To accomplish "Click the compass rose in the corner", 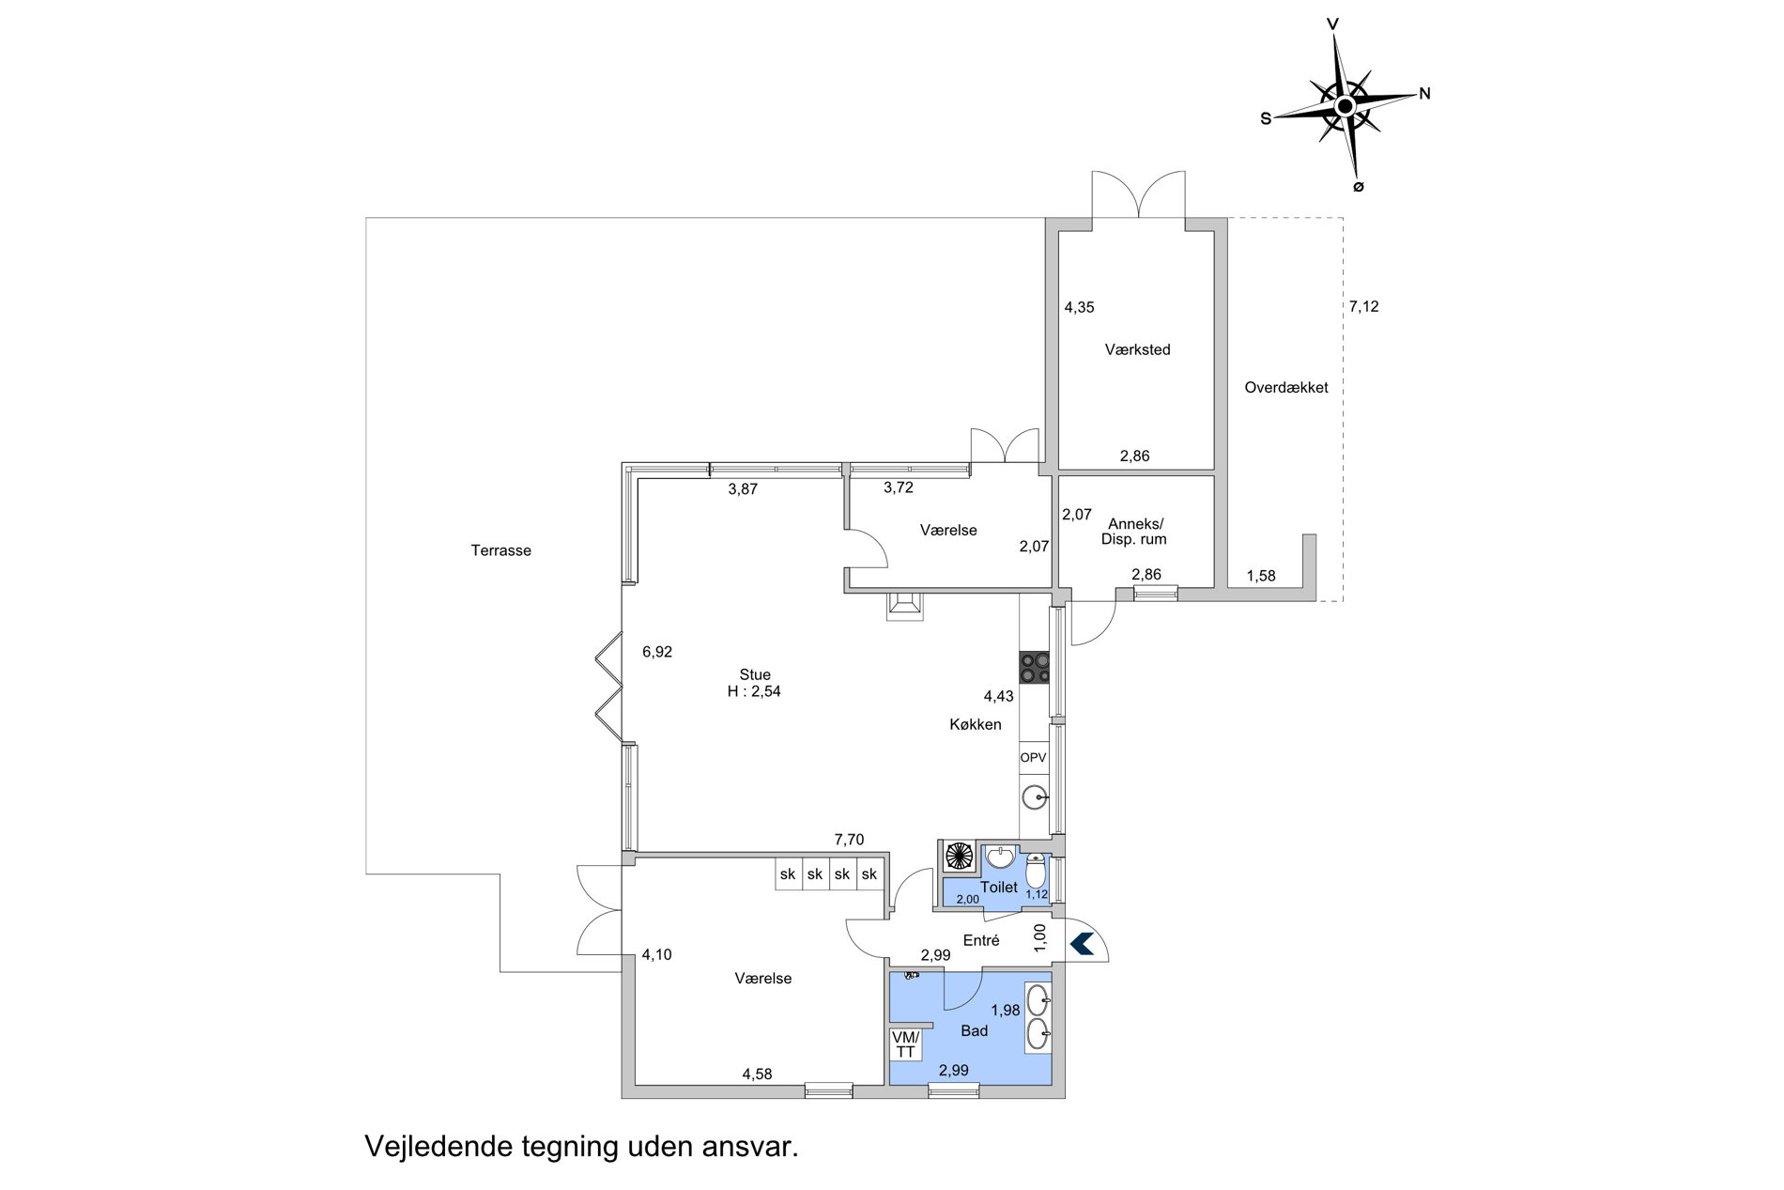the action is point(1346,104).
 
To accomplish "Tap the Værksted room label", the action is point(1137,349).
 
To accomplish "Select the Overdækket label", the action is point(1285,387).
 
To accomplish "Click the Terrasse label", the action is point(500,550).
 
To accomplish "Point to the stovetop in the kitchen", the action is point(1035,667).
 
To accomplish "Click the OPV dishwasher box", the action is point(1034,757).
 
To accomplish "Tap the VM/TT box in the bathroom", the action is point(905,1044).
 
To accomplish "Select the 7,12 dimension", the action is point(1363,306).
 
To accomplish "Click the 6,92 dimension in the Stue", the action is point(657,652).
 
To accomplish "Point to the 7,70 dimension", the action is point(849,840).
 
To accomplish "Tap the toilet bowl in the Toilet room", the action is point(1036,871).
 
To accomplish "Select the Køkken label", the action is point(975,724).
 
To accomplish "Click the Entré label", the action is point(981,940).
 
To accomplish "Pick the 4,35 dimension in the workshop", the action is point(1079,307).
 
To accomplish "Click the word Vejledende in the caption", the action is point(439,1147).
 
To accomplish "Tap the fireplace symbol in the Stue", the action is point(904,606).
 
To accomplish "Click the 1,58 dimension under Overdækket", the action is point(1261,576).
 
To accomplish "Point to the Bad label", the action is point(975,1030).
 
